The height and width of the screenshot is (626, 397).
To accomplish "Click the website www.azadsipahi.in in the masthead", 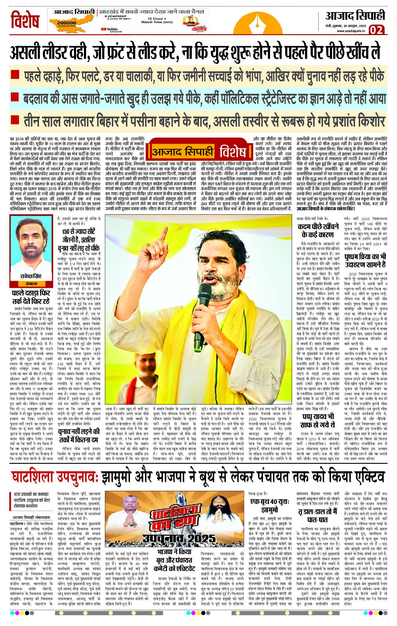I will pos(351,31).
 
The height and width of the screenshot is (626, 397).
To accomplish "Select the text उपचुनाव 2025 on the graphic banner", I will pos(179,539).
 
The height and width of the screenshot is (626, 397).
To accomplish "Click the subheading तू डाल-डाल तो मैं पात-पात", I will pos(318,515).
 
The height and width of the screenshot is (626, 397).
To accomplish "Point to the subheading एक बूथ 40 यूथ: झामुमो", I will pos(270,506).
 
